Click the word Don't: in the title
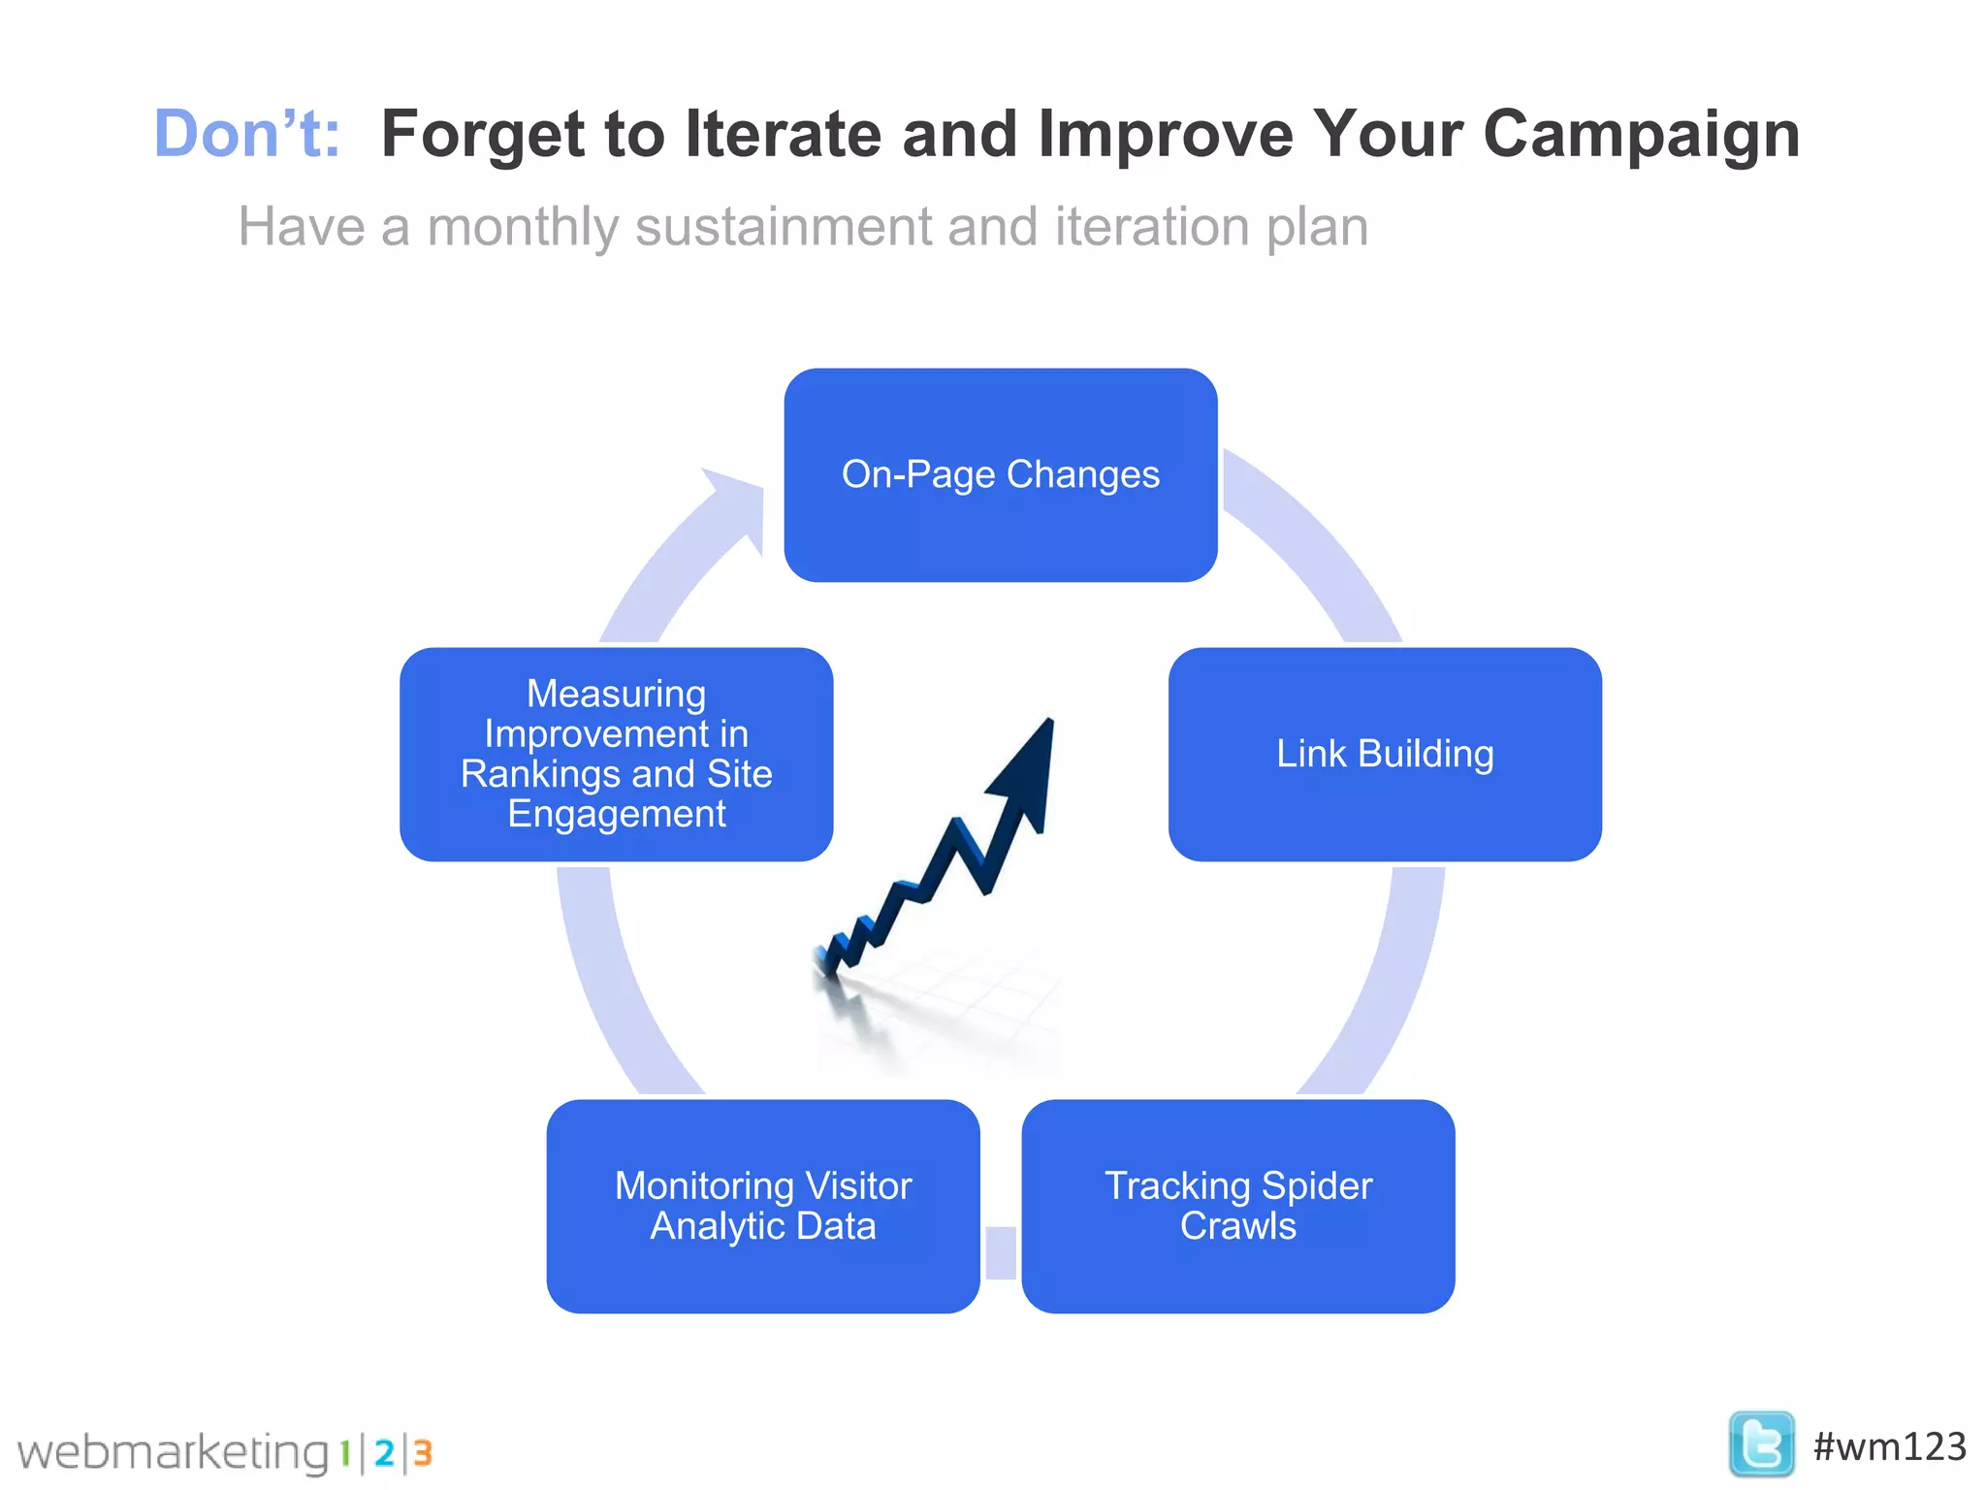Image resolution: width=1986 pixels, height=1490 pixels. (247, 133)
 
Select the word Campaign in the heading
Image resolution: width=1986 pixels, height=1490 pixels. (1641, 133)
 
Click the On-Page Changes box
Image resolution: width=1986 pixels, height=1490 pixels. (1000, 474)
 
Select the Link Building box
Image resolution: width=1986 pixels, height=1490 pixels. (1384, 754)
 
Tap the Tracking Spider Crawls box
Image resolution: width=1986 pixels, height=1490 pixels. (1237, 1206)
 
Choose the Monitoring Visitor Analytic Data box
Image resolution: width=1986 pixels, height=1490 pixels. (763, 1206)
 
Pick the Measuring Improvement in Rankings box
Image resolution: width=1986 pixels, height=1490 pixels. (616, 754)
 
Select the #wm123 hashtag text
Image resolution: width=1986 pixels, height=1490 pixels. (1889, 1446)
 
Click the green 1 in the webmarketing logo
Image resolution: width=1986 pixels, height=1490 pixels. (344, 1452)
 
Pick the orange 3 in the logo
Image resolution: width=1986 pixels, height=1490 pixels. (422, 1452)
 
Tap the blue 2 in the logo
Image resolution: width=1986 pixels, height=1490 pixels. (384, 1452)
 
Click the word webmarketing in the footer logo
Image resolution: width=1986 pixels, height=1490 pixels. (173, 1452)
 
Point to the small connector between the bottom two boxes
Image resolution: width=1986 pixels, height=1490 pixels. (1000, 1252)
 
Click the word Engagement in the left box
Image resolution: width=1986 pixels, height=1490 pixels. (616, 814)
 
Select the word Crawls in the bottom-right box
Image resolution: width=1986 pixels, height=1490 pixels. (1237, 1226)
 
